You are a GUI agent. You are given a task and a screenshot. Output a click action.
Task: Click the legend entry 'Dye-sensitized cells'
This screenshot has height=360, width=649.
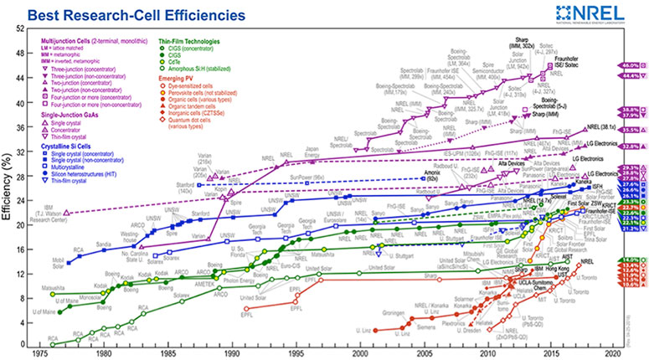(x=198, y=85)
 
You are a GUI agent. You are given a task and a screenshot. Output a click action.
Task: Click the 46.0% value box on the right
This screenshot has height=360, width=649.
(x=631, y=64)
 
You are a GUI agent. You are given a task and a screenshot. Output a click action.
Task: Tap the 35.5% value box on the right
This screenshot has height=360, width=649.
(x=631, y=131)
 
